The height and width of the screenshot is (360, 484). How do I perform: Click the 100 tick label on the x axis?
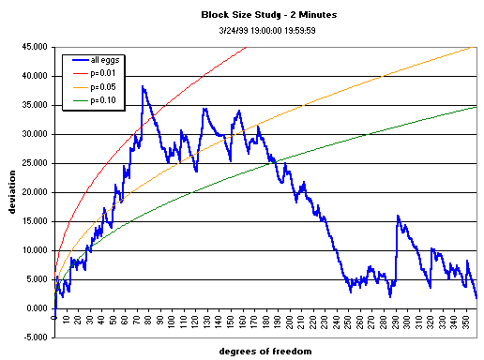tap(173, 322)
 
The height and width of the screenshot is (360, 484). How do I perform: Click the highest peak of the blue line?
tap(143, 86)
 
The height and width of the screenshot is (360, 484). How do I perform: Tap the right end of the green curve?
tap(476, 107)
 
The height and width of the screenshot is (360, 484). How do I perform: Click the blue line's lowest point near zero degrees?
tap(54, 319)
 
